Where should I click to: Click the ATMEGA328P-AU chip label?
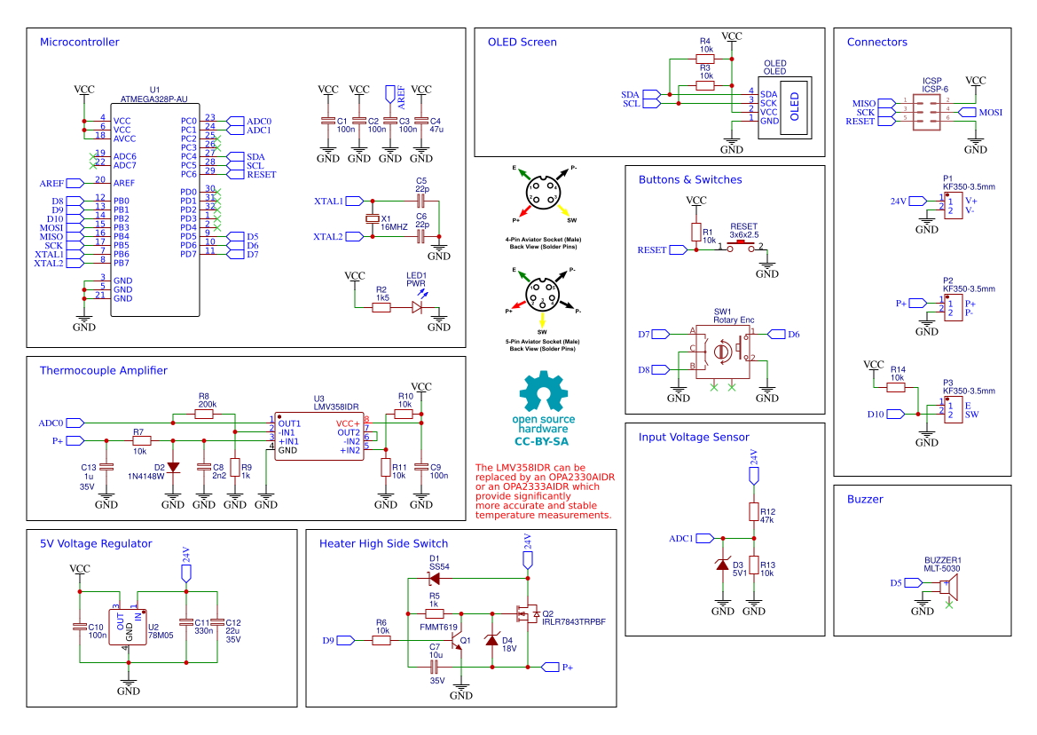click(154, 99)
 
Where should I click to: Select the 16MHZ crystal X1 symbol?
click(373, 219)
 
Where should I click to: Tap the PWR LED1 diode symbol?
click(417, 307)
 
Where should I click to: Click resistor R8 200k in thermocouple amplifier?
click(206, 415)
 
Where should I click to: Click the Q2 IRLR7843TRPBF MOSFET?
click(525, 612)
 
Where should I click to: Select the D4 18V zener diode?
click(492, 641)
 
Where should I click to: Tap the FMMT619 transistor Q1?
click(459, 638)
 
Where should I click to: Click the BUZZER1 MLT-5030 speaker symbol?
click(947, 586)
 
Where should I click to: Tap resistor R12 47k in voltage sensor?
click(753, 512)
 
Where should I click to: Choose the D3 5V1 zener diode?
click(722, 565)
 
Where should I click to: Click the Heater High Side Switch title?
click(383, 543)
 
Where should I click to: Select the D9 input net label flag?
click(346, 640)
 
